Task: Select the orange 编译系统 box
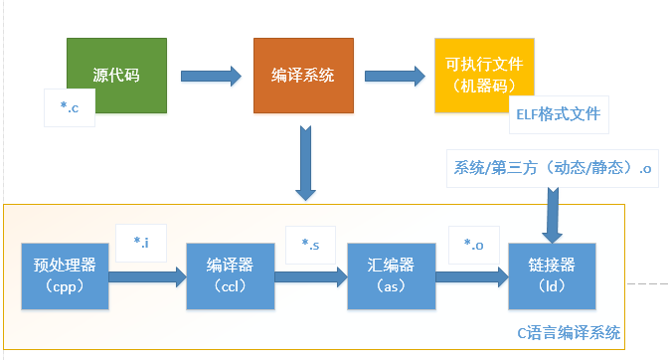click(x=302, y=75)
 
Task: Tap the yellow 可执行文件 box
click(x=484, y=75)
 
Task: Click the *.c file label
click(x=70, y=107)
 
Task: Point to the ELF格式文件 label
click(x=555, y=113)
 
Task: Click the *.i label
click(x=140, y=241)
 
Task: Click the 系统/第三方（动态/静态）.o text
click(x=552, y=168)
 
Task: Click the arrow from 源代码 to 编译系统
click(x=212, y=75)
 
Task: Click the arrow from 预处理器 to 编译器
click(x=147, y=275)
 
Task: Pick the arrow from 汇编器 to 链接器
click(x=471, y=275)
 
